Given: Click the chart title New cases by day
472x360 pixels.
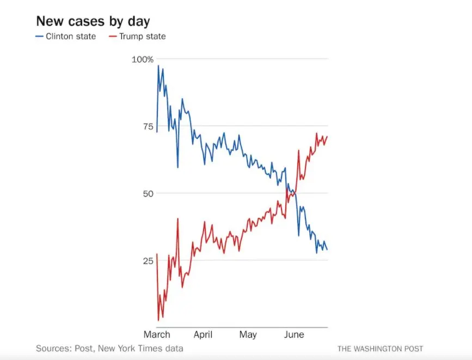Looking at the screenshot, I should point(93,22).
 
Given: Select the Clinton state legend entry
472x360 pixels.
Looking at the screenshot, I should point(71,36).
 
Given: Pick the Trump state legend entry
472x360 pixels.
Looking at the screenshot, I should point(142,36).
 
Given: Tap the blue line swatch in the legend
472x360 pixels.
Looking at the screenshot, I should point(39,36).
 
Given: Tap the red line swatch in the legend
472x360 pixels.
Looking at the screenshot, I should point(112,36).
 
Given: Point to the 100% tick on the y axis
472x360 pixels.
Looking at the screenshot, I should point(143,59).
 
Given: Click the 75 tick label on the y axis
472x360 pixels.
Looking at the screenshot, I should point(147,126).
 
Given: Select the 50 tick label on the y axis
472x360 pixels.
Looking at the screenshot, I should point(147,193).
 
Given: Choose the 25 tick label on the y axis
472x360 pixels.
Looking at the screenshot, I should point(147,260).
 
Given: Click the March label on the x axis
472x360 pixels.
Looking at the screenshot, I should point(157,334).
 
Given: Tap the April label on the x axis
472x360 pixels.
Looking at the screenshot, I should point(203,334).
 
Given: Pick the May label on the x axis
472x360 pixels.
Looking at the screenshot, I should point(248,334).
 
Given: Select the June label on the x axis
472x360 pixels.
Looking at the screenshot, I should point(294,334).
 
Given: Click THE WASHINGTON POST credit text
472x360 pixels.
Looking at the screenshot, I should point(380,349).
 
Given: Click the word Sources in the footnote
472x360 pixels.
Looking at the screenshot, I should point(52,348).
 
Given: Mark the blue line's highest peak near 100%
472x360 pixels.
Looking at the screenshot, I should point(158,66).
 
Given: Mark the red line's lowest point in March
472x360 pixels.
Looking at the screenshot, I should point(158,320).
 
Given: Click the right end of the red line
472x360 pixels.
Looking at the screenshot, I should point(327,136).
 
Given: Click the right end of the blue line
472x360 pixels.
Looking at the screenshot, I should point(327,249).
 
